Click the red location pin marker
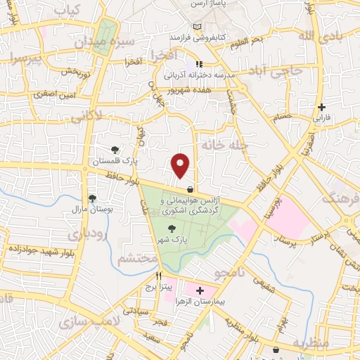181,165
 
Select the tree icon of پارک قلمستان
115,149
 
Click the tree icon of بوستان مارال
91,198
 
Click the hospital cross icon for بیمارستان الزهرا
200,290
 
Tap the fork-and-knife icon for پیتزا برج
160,276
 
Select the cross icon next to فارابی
321,108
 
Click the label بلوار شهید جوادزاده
39,249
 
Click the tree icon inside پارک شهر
172,227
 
